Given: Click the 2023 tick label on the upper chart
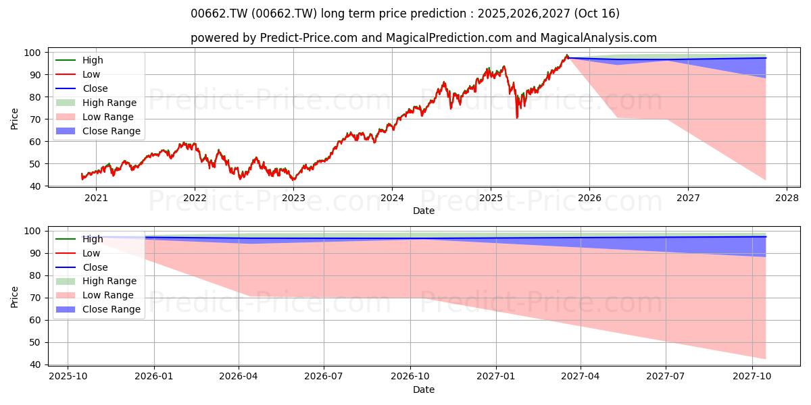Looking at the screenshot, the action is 293,198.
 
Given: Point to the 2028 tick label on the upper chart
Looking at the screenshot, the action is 787,198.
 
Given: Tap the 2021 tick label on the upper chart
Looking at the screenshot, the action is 96,198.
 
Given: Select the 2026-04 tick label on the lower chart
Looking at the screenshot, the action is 239,377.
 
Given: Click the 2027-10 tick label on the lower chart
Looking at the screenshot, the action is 752,377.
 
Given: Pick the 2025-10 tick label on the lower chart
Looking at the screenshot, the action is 68,377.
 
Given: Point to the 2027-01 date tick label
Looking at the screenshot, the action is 495,377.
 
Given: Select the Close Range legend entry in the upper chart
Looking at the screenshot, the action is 98,131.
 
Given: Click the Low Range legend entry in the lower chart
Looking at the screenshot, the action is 95,295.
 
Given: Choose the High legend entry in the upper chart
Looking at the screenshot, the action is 79,60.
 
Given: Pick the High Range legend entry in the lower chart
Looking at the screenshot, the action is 96,281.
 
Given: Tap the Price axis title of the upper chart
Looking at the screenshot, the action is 14,119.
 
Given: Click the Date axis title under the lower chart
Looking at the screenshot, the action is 424,389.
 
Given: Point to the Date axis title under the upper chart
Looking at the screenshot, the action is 424,211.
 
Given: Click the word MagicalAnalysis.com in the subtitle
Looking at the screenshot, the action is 599,38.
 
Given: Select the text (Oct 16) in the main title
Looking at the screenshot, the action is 597,13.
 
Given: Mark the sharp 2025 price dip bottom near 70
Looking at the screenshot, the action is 516,117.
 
